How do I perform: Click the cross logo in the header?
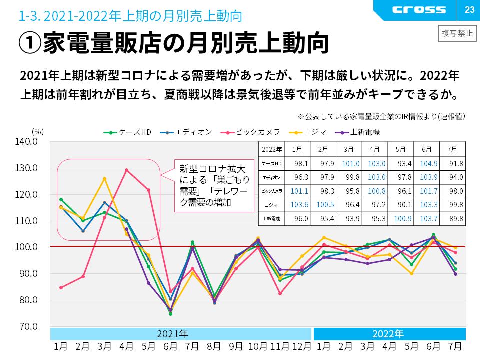(419, 10)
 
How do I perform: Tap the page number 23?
(469, 10)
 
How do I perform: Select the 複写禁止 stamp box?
(456, 33)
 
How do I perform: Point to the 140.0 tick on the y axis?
(28, 142)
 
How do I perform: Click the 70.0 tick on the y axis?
(28, 326)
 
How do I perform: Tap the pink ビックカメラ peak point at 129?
(126, 170)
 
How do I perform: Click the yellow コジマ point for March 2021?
(104, 179)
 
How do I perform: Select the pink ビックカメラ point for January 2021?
(61, 287)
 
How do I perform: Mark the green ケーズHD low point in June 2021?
(170, 314)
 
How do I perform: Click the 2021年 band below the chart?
(181, 333)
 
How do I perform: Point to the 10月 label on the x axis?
(258, 346)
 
